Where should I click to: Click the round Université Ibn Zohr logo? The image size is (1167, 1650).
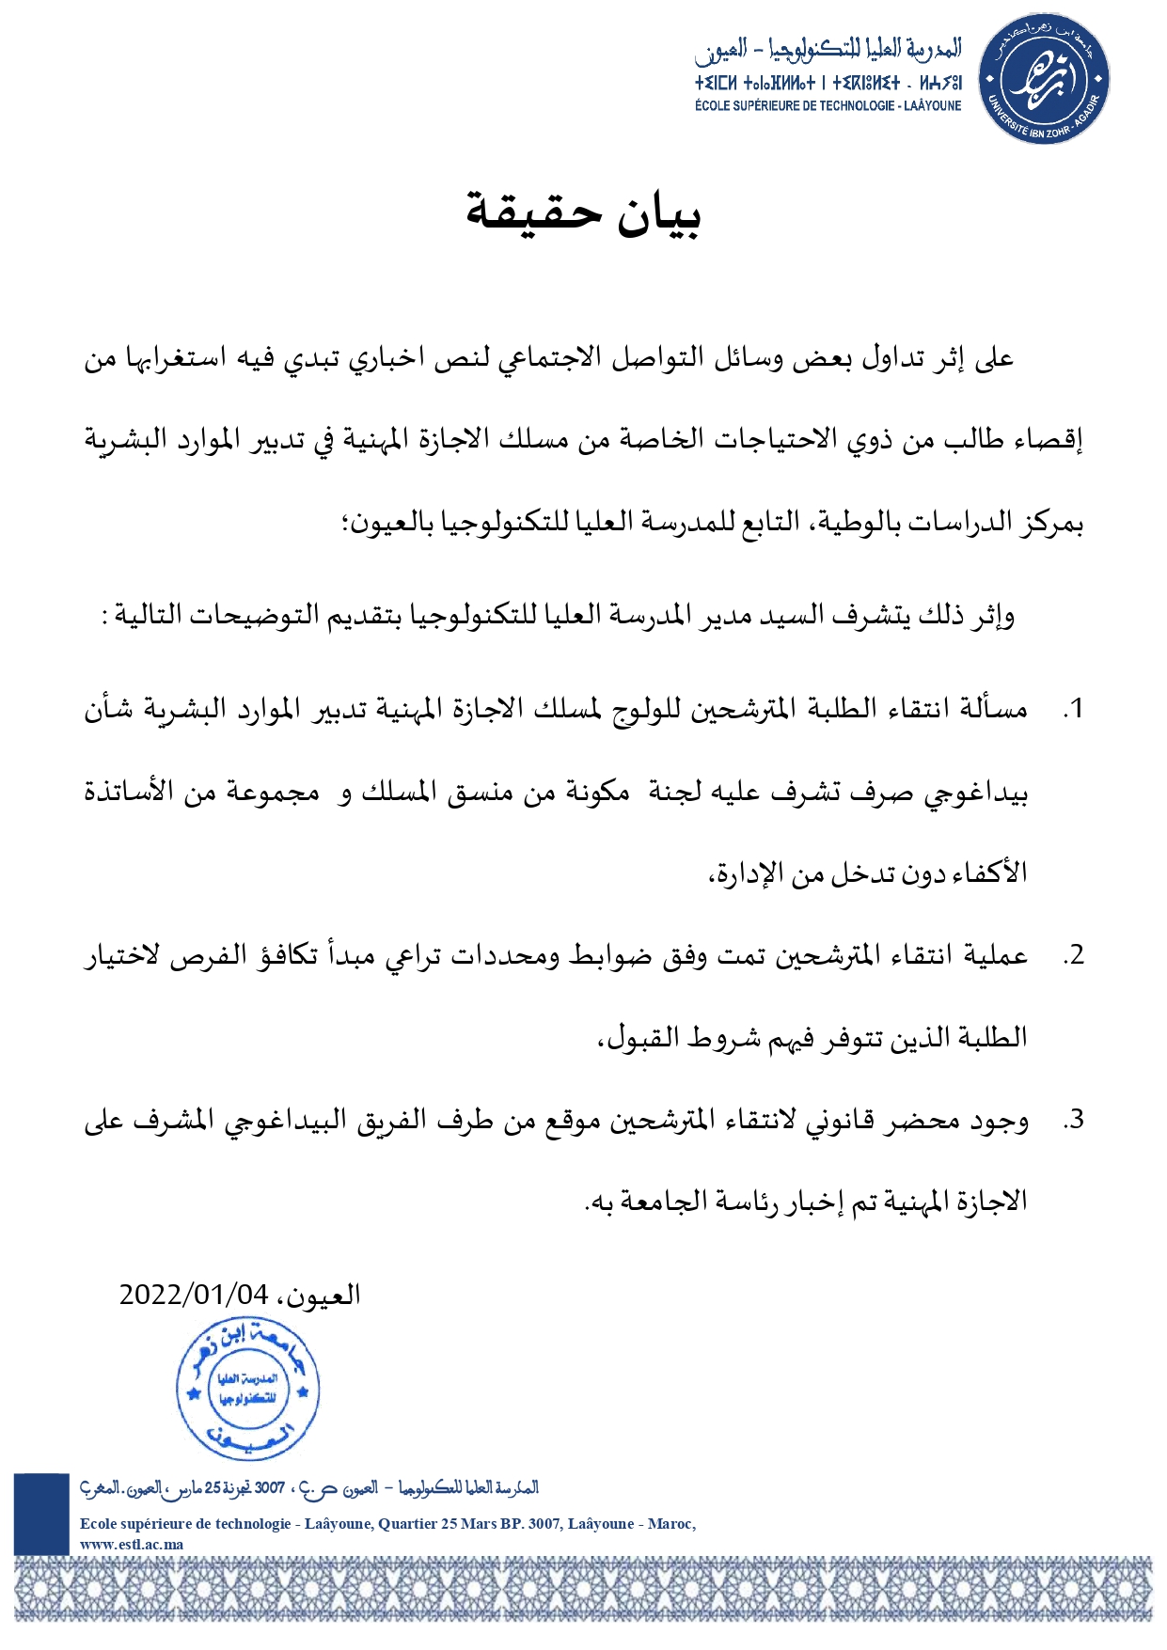tap(1044, 78)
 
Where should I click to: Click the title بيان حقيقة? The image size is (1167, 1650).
tap(583, 213)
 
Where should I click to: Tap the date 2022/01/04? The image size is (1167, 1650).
tap(193, 1295)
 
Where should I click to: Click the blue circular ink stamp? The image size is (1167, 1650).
tap(248, 1389)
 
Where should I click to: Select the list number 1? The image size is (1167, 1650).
tap(1073, 710)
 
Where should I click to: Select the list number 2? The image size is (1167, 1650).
tap(1073, 956)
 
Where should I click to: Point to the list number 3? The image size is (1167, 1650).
tap(1073, 1120)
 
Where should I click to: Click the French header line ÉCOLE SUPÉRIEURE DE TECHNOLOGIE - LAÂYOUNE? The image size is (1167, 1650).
tap(828, 106)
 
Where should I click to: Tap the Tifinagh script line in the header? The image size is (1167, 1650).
tap(828, 83)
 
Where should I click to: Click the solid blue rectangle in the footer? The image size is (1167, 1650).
tap(41, 1514)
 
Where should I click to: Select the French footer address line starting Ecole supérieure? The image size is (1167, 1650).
tap(387, 1523)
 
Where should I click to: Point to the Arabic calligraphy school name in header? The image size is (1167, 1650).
tap(828, 50)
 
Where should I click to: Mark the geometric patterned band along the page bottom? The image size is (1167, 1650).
tap(583, 1589)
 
